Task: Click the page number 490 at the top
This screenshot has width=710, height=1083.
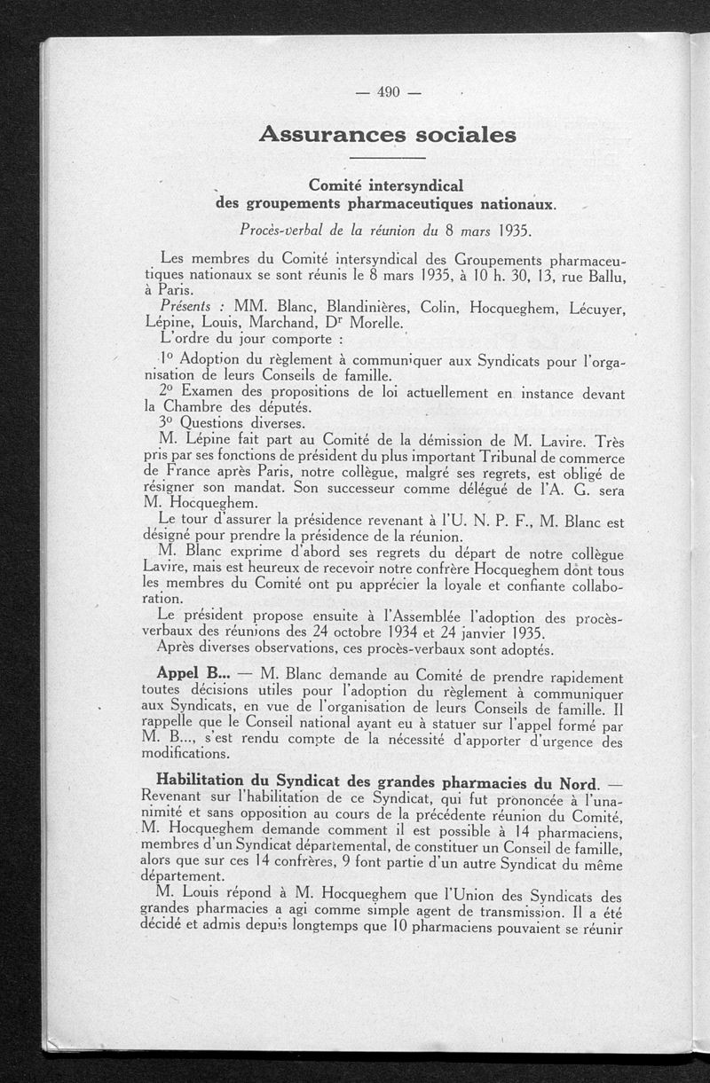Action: tap(389, 90)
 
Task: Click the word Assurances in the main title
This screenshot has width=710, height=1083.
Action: tap(325, 135)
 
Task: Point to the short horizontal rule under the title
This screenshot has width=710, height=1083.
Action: tap(388, 158)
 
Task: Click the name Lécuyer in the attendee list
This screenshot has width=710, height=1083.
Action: tap(594, 308)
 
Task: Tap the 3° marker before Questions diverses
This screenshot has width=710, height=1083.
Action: tap(167, 423)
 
